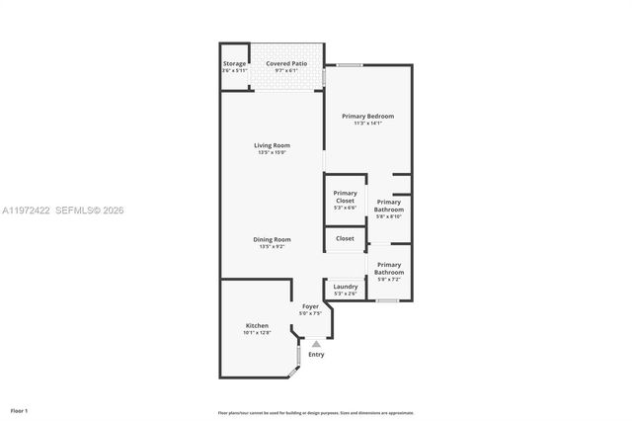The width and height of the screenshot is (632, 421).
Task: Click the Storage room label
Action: click(234, 64)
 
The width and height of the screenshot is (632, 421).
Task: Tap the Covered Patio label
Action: click(286, 63)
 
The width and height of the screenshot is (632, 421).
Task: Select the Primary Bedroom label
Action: click(367, 117)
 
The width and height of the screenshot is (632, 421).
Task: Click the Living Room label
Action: click(273, 145)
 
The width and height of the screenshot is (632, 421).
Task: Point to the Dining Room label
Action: click(273, 238)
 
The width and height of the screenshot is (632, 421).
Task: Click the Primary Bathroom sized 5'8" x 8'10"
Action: click(389, 206)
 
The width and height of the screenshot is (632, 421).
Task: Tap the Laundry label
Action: click(345, 287)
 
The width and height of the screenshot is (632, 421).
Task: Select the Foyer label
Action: click(310, 307)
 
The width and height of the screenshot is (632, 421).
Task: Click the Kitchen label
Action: click(257, 326)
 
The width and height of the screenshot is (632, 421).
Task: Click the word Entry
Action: click(316, 354)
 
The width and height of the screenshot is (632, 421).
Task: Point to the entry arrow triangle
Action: click(316, 343)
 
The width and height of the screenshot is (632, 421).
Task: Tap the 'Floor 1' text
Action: click(19, 409)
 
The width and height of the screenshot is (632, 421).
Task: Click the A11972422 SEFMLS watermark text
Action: click(63, 210)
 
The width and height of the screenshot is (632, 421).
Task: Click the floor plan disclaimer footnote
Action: click(316, 412)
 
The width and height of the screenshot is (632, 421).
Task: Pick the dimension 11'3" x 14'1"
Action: click(367, 124)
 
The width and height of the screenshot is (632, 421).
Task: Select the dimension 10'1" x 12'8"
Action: click(257, 333)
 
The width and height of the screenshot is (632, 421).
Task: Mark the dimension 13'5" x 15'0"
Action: click(273, 152)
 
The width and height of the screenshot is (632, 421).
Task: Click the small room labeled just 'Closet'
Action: click(345, 238)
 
